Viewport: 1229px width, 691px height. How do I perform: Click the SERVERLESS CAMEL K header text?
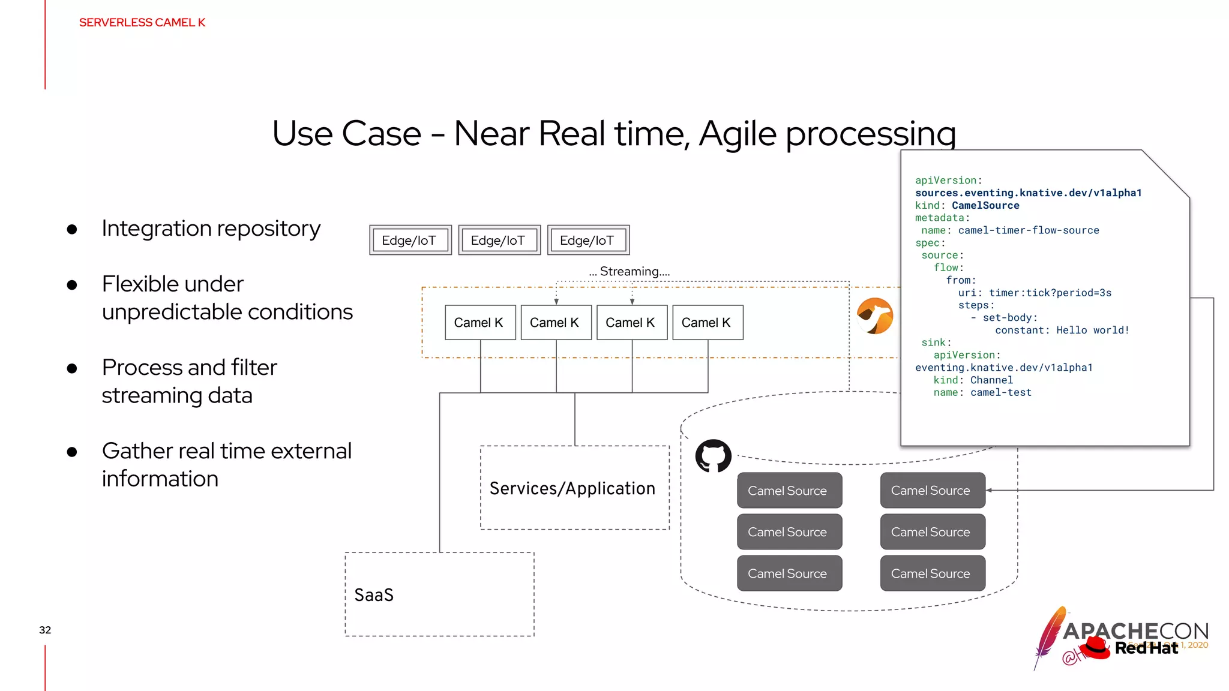click(142, 23)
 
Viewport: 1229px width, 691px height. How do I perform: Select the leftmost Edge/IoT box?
click(410, 241)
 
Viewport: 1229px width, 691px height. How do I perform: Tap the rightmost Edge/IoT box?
click(588, 241)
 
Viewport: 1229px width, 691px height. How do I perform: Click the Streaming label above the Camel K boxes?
click(629, 272)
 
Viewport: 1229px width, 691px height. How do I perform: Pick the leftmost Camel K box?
click(479, 323)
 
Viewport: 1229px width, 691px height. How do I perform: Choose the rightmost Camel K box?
click(707, 323)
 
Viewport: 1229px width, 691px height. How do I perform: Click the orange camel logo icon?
click(875, 316)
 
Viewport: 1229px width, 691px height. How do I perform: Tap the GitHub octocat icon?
click(713, 456)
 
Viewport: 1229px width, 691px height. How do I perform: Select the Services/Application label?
click(572, 488)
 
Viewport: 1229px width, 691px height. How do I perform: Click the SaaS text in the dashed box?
click(374, 595)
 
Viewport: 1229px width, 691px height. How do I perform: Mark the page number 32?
click(45, 630)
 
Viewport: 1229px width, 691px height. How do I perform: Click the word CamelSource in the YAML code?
click(985, 206)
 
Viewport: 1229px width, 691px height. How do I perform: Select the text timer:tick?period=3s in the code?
click(1050, 293)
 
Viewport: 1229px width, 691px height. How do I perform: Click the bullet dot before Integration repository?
click(72, 229)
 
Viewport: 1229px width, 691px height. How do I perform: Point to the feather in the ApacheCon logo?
click(1049, 636)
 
